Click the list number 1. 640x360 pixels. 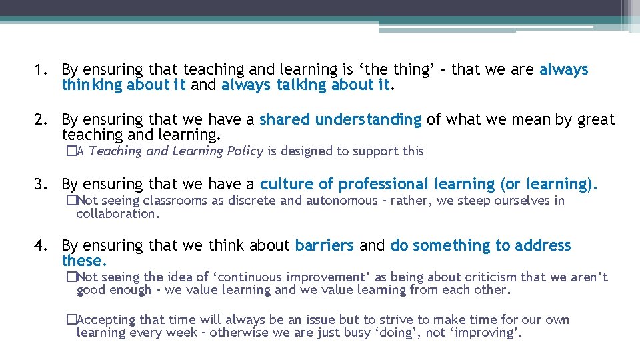pos(40,69)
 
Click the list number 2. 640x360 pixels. pos(40,120)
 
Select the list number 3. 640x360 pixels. pos(40,184)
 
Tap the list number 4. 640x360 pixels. pos(40,246)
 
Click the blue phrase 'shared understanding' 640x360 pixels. pos(340,120)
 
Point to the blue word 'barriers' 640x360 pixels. pos(324,246)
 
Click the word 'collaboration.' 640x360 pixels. pos(118,214)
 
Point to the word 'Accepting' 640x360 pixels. pos(105,320)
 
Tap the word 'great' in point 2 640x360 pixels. pos(596,120)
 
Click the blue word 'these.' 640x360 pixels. pos(84,261)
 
